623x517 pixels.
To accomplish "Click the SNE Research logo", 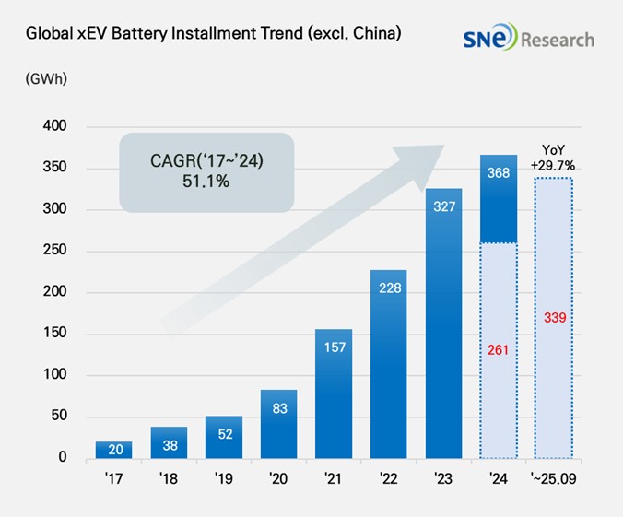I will pos(529,40).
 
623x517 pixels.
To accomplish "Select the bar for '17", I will pos(113,450).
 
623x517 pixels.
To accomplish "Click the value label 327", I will pos(443,206).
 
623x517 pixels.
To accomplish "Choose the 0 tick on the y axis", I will pos(63,458).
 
